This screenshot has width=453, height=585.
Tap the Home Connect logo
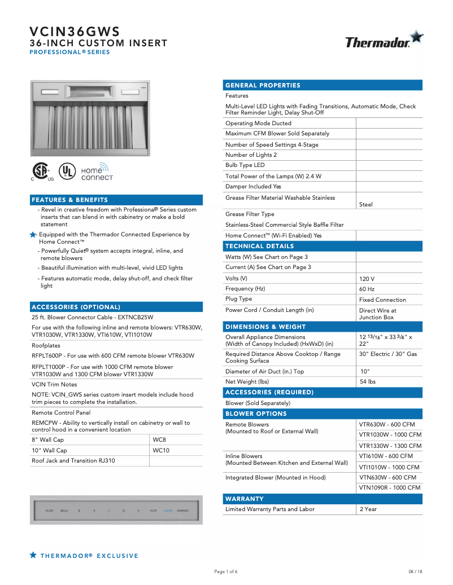(x=97, y=172)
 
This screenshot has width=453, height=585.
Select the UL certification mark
(x=67, y=171)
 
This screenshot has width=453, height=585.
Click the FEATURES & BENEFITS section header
(x=69, y=200)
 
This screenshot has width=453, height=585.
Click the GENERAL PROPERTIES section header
(x=263, y=85)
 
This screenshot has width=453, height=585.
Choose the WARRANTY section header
(x=244, y=499)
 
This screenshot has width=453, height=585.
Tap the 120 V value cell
(x=367, y=279)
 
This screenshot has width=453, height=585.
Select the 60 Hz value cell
(x=367, y=289)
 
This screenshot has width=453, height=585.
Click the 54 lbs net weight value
(x=368, y=382)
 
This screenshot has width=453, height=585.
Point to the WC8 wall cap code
(x=160, y=439)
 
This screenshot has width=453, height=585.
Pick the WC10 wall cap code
(x=161, y=450)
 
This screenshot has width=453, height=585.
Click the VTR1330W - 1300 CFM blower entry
(x=390, y=446)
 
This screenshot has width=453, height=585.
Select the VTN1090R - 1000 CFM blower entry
(x=390, y=487)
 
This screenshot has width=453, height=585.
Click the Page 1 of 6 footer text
(x=226, y=571)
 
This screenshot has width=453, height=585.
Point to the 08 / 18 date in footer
(x=415, y=571)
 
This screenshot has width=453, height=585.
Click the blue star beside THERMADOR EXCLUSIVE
(x=33, y=556)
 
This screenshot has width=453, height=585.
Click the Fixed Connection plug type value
(x=382, y=300)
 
